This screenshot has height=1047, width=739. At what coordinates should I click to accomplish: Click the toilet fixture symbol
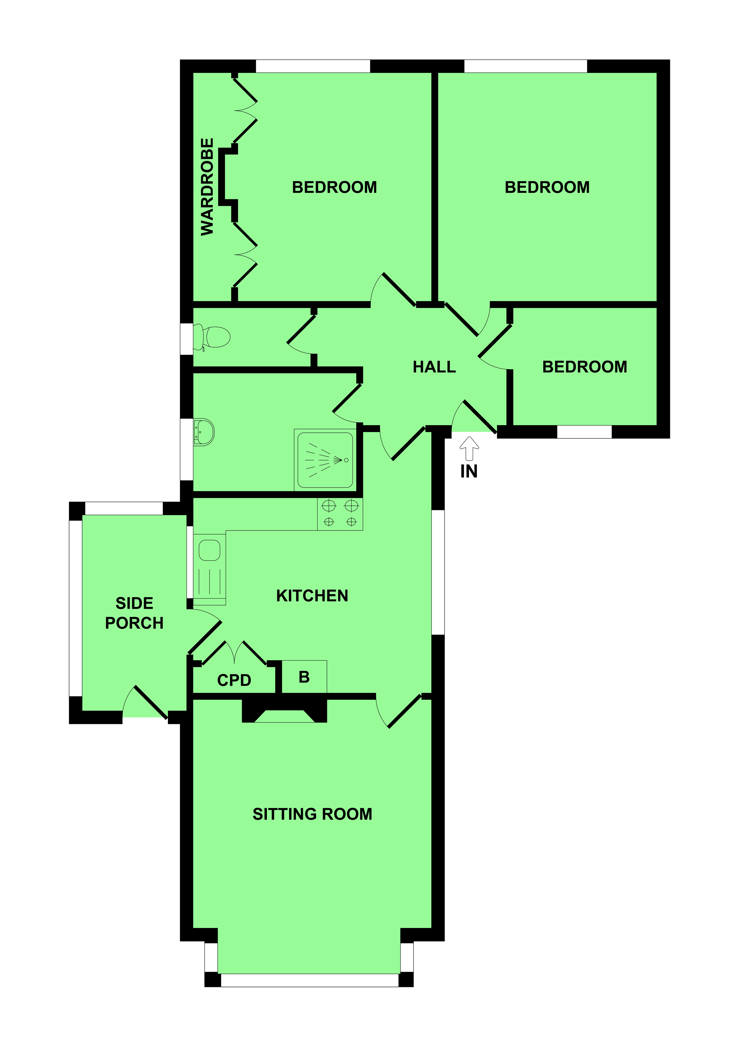212,337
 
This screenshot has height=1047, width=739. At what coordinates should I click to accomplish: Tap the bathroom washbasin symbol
204,432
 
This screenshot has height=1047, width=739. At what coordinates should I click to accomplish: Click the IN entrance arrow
469,448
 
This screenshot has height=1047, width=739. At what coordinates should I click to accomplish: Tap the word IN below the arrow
469,472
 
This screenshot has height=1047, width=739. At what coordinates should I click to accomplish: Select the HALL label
434,367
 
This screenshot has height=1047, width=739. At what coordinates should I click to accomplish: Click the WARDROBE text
208,187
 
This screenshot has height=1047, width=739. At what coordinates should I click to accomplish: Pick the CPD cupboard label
234,680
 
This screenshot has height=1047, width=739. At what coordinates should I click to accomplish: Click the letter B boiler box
304,677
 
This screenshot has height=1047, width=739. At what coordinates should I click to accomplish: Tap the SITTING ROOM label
312,814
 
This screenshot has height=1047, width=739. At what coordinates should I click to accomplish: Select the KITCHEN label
312,595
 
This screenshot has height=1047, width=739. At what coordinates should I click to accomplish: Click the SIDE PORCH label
134,613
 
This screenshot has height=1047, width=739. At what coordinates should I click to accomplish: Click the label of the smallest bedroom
584,367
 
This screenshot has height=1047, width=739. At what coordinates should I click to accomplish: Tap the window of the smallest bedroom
584,431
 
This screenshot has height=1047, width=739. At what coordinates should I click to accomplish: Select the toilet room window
186,339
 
